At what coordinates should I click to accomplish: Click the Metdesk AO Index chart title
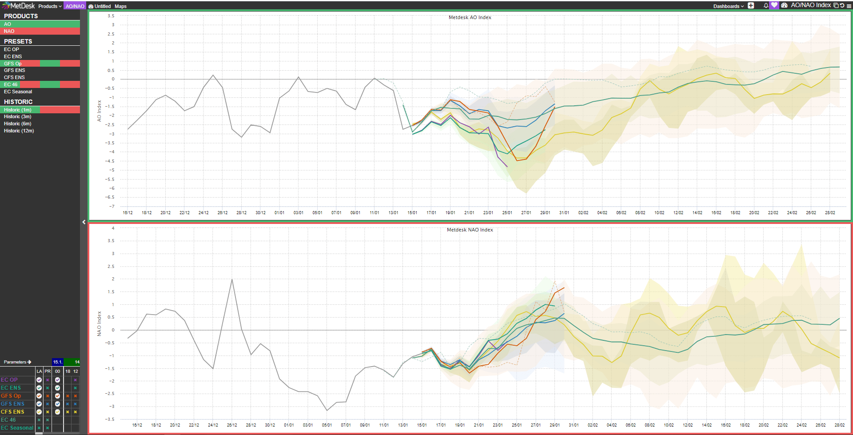(x=470, y=18)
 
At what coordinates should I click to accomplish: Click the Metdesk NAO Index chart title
(x=470, y=230)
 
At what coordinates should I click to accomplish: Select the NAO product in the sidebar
(x=9, y=31)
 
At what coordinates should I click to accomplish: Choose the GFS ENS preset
(x=15, y=70)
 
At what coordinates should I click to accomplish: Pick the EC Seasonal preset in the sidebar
(x=18, y=92)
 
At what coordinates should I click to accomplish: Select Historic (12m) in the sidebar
(x=19, y=131)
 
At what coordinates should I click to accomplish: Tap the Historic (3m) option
(x=18, y=116)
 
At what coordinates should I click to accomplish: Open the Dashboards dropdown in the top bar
(x=728, y=6)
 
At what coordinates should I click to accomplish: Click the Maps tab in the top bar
(x=120, y=6)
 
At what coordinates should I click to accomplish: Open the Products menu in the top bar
(x=50, y=6)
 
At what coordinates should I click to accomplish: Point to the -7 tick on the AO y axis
(x=112, y=207)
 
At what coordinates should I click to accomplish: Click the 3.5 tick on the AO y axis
(x=111, y=16)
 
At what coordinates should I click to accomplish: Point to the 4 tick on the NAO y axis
(x=113, y=228)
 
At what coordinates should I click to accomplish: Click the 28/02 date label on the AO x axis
(x=830, y=213)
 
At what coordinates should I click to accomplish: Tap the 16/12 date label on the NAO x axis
(x=137, y=425)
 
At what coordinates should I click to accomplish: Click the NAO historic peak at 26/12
(x=232, y=279)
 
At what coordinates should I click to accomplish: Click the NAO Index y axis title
(x=99, y=323)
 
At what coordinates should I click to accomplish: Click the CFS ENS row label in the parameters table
(x=12, y=412)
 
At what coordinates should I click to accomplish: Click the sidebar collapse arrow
(x=84, y=222)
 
